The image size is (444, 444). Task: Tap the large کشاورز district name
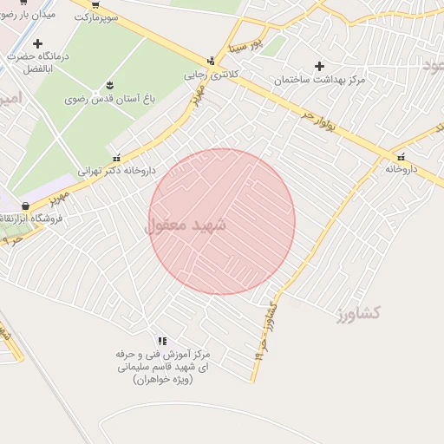point(357,313)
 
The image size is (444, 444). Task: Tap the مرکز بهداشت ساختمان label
point(320,80)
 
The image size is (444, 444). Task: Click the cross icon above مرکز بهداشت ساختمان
point(320,66)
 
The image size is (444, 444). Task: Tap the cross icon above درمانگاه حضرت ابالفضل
point(36,43)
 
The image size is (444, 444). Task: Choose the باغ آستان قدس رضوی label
point(110,99)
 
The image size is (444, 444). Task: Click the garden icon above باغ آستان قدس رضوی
point(110,85)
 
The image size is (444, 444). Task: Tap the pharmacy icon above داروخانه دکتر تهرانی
point(117,157)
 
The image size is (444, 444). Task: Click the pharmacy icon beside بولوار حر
point(401,156)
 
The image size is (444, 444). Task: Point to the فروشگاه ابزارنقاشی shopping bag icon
point(25,206)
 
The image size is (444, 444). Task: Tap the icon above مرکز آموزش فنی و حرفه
point(162,341)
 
